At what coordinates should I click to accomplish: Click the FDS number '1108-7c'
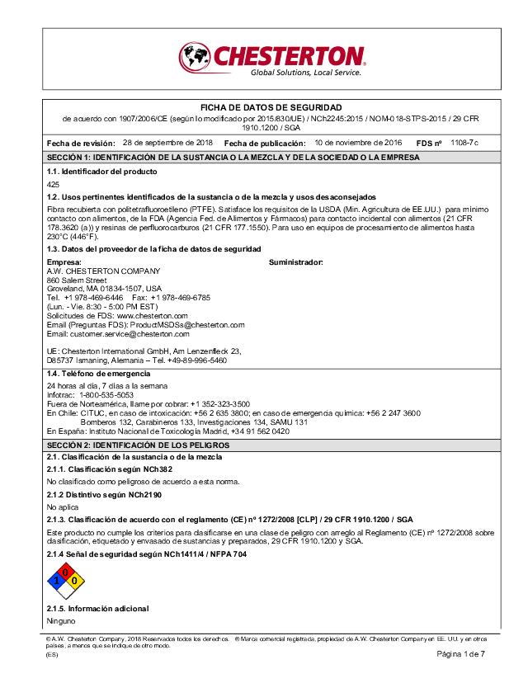tap(464, 142)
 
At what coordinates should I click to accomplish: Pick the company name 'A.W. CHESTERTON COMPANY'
tap(103, 271)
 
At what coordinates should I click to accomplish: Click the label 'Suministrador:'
tap(296, 261)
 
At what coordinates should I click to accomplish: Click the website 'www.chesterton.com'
tap(153, 316)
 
